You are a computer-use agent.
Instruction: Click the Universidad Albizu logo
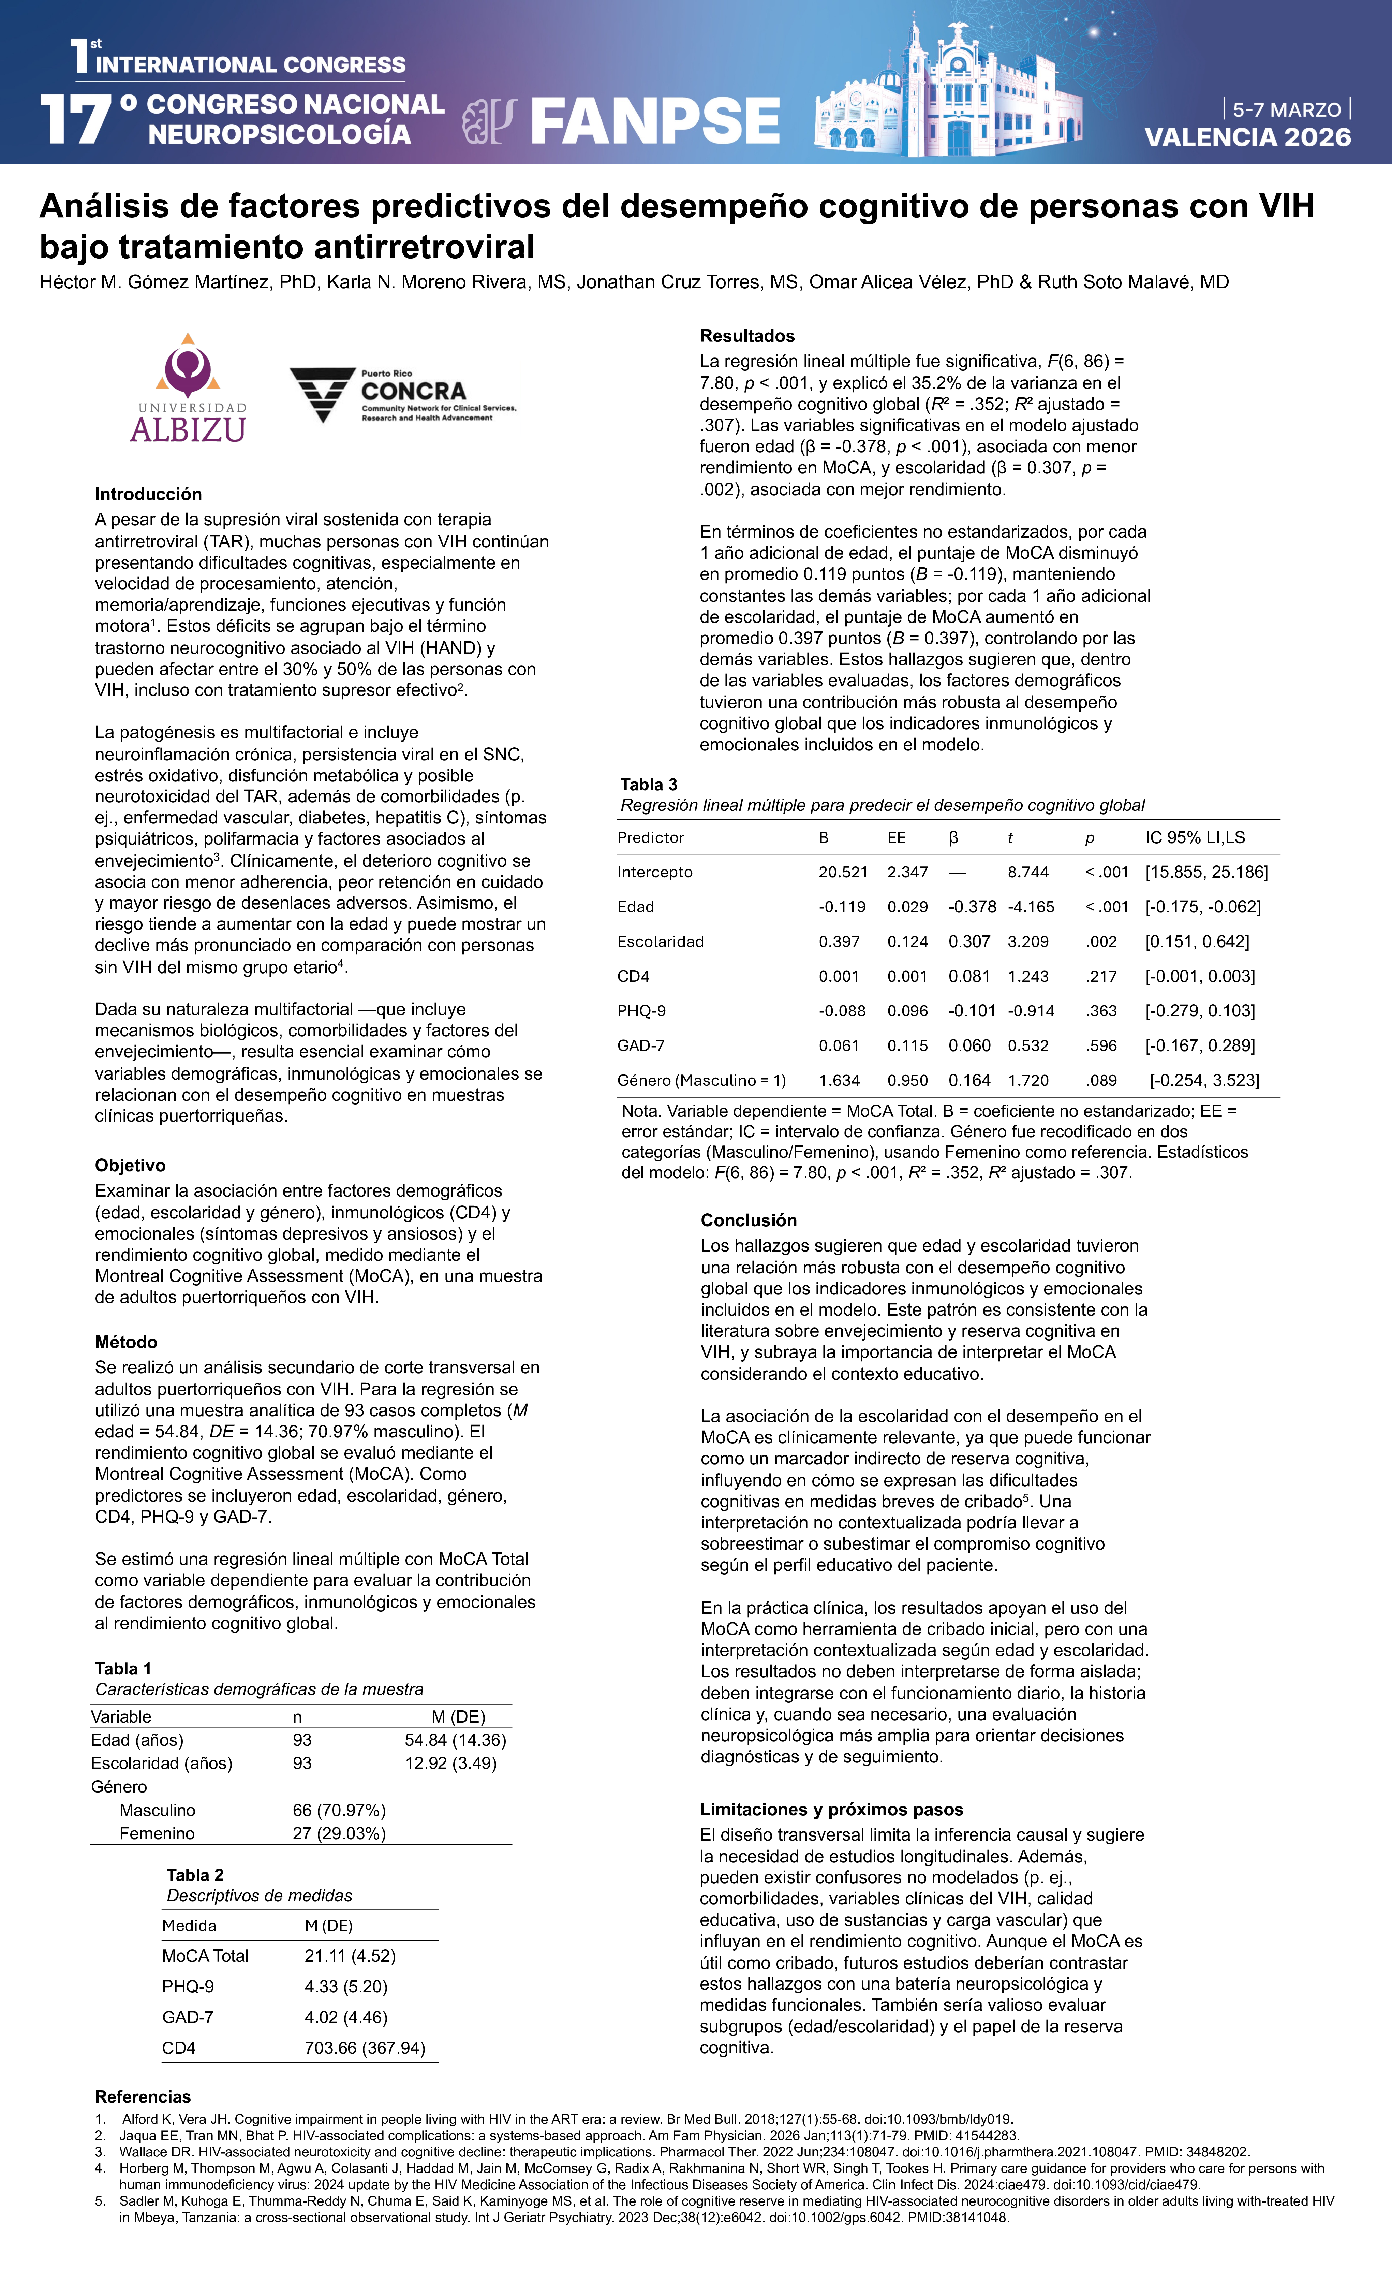pos(188,389)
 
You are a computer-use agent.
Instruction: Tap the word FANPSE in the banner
pos(655,121)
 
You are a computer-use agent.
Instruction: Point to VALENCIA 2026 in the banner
pos(1247,137)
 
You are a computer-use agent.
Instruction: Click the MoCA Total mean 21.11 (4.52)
pos(350,1956)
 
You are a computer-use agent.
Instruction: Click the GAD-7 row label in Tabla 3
pos(641,1045)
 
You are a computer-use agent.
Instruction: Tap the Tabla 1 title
pos(123,1668)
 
